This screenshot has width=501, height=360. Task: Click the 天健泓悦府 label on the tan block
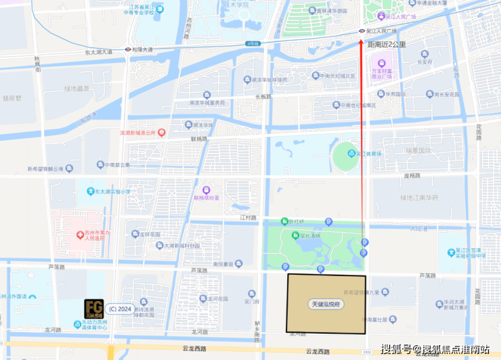point(326,305)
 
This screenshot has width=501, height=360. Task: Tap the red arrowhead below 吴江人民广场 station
point(362,41)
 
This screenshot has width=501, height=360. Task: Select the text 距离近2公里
point(387,45)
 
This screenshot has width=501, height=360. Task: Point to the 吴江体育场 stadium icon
point(351,154)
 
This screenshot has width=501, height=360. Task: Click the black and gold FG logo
point(94,309)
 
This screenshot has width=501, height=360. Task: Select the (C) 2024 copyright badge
point(119,309)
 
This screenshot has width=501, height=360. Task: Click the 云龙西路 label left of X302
point(318,351)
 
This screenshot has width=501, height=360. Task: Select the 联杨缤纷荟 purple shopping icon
point(206,190)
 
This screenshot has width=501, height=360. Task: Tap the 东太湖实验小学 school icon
point(89,191)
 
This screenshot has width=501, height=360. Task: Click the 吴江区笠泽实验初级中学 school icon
point(451,253)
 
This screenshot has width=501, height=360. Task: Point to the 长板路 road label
point(263,96)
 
